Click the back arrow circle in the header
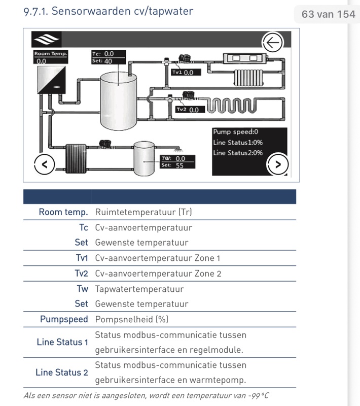[272, 42]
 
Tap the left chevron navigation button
[44, 164]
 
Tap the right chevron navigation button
[277, 163]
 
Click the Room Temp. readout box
[50, 57]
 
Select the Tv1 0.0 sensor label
[186, 72]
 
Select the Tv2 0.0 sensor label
[190, 109]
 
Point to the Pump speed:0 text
[236, 131]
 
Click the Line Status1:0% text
[238, 142]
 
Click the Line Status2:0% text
[238, 153]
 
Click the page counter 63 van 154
[328, 14]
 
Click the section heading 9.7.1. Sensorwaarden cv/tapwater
[108, 11]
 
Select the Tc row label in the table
[84, 227]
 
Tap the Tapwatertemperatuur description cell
[139, 289]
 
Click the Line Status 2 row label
[61, 372]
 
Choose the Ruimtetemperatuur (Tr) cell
[143, 212]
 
